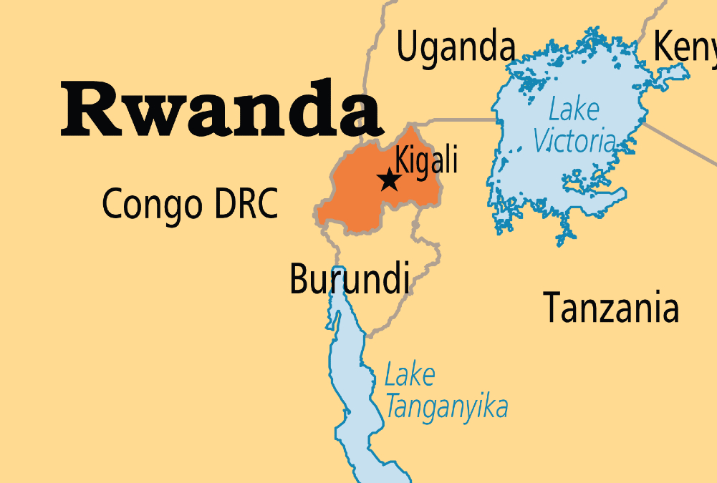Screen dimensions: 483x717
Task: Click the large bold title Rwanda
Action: point(221,109)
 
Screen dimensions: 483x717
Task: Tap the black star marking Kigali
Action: point(389,180)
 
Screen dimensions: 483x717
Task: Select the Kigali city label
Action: point(426,160)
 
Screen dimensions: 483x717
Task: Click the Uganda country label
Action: point(456,47)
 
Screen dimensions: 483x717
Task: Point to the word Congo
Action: point(152,204)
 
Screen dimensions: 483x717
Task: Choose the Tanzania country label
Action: point(610,308)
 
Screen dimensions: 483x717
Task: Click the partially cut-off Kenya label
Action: point(685,47)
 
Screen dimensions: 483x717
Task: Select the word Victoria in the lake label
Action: point(574,140)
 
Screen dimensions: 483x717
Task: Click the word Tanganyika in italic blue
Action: point(446,406)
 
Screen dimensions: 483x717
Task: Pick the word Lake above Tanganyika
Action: point(410,375)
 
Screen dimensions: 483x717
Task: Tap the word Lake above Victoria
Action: point(574,110)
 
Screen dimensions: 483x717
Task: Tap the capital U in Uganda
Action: point(408,47)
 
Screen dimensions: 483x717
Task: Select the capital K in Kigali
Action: point(403,159)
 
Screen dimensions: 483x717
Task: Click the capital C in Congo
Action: point(112,204)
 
